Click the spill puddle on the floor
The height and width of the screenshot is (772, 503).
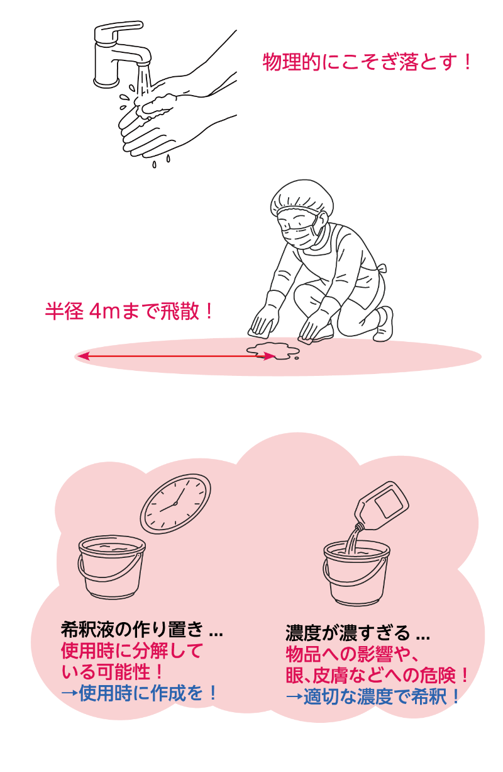[273, 351]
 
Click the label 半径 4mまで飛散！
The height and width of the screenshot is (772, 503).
[128, 311]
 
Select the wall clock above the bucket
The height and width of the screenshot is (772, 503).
[175, 504]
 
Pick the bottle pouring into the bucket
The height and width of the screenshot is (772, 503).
[381, 506]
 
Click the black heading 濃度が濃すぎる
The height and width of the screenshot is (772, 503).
[348, 633]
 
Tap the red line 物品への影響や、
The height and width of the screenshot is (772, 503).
[352, 654]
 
